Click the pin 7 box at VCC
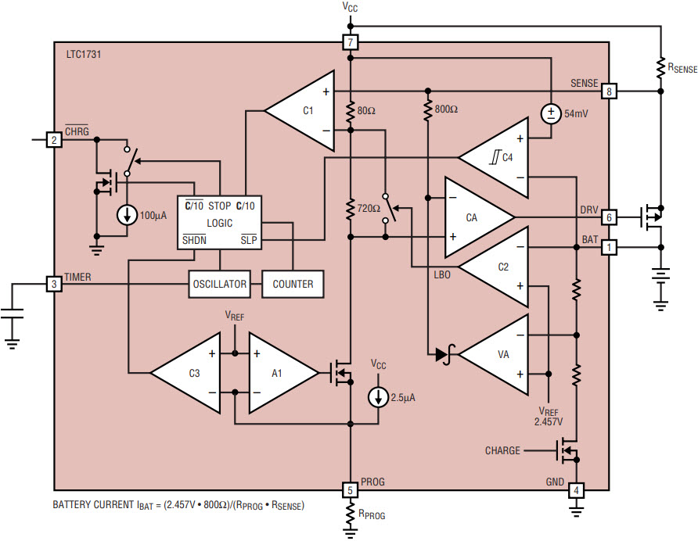[x=351, y=42]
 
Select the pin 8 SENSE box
[x=609, y=91]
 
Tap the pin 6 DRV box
[x=609, y=217]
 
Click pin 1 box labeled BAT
[x=609, y=247]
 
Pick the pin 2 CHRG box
[x=54, y=140]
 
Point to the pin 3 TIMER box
[x=54, y=284]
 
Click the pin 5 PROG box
[x=351, y=490]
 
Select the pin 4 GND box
[x=576, y=490]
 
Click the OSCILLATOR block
[x=219, y=284]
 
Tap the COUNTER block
[x=293, y=284]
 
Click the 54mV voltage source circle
[x=551, y=114]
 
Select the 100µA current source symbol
[x=127, y=215]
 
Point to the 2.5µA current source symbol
[x=379, y=397]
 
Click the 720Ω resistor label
[x=369, y=208]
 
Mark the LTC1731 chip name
[x=84, y=54]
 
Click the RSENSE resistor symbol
[x=660, y=67]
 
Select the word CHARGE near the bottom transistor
[x=502, y=450]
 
